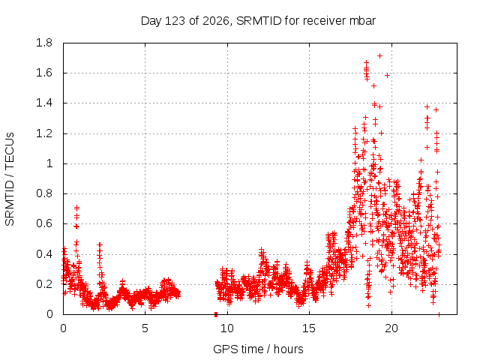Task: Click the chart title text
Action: [x=258, y=21]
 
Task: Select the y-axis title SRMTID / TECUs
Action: [x=10, y=179]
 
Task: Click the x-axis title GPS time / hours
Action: [x=258, y=349]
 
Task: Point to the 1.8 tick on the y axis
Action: [x=44, y=43]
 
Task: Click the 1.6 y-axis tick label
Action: [x=44, y=73]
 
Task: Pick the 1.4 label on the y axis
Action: [x=44, y=103]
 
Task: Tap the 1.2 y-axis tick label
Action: [x=44, y=133]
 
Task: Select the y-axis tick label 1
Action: [x=49, y=163]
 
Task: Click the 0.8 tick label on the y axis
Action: [x=44, y=193]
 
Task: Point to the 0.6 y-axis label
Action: [x=44, y=223]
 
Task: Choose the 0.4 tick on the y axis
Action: [x=44, y=254]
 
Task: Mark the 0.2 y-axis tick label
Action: [x=44, y=284]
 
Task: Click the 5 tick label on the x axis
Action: [x=145, y=328]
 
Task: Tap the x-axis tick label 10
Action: [x=227, y=328]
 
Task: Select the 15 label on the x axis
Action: [x=309, y=328]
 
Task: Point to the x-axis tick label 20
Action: [x=391, y=328]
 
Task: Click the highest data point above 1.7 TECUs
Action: [x=380, y=55]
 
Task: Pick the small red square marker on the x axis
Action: [x=216, y=314]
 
